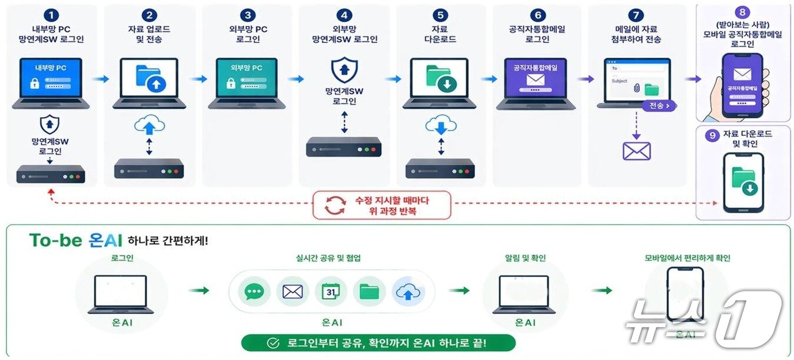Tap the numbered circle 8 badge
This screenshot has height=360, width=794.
tap(743, 11)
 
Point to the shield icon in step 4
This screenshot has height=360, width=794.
tap(344, 69)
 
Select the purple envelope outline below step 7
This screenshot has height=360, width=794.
tap(637, 151)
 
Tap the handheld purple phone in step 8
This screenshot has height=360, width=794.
tap(742, 85)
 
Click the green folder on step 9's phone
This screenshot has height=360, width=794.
tap(743, 179)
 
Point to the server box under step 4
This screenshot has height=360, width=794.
tap(344, 146)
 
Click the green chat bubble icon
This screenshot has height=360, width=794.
tap(254, 291)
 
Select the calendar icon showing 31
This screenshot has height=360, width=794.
tap(331, 291)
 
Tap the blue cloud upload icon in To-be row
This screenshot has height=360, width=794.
tap(408, 291)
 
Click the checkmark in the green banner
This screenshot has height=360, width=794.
tap(273, 343)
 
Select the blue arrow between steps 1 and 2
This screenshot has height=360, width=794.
tap(101, 78)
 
